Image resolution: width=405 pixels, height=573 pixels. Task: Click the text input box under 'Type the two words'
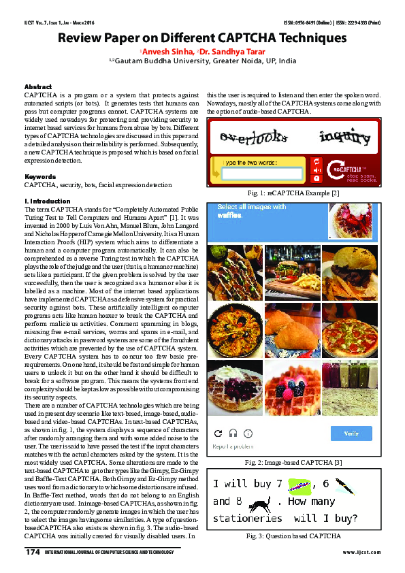(261, 174)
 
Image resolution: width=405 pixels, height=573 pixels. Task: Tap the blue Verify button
(351, 433)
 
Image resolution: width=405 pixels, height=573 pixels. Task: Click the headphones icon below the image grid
(233, 433)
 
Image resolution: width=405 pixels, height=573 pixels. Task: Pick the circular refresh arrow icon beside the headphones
(218, 433)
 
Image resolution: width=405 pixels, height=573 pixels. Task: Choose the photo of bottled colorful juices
(350, 387)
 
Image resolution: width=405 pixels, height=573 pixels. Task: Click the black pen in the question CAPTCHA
(345, 485)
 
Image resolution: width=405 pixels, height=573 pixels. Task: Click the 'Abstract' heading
(38, 87)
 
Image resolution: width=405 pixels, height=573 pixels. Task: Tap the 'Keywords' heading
(39, 176)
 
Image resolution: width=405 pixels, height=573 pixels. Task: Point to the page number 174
(33, 551)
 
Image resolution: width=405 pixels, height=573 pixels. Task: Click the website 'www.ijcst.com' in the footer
(361, 552)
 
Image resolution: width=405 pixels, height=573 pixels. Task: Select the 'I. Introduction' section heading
(47, 201)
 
